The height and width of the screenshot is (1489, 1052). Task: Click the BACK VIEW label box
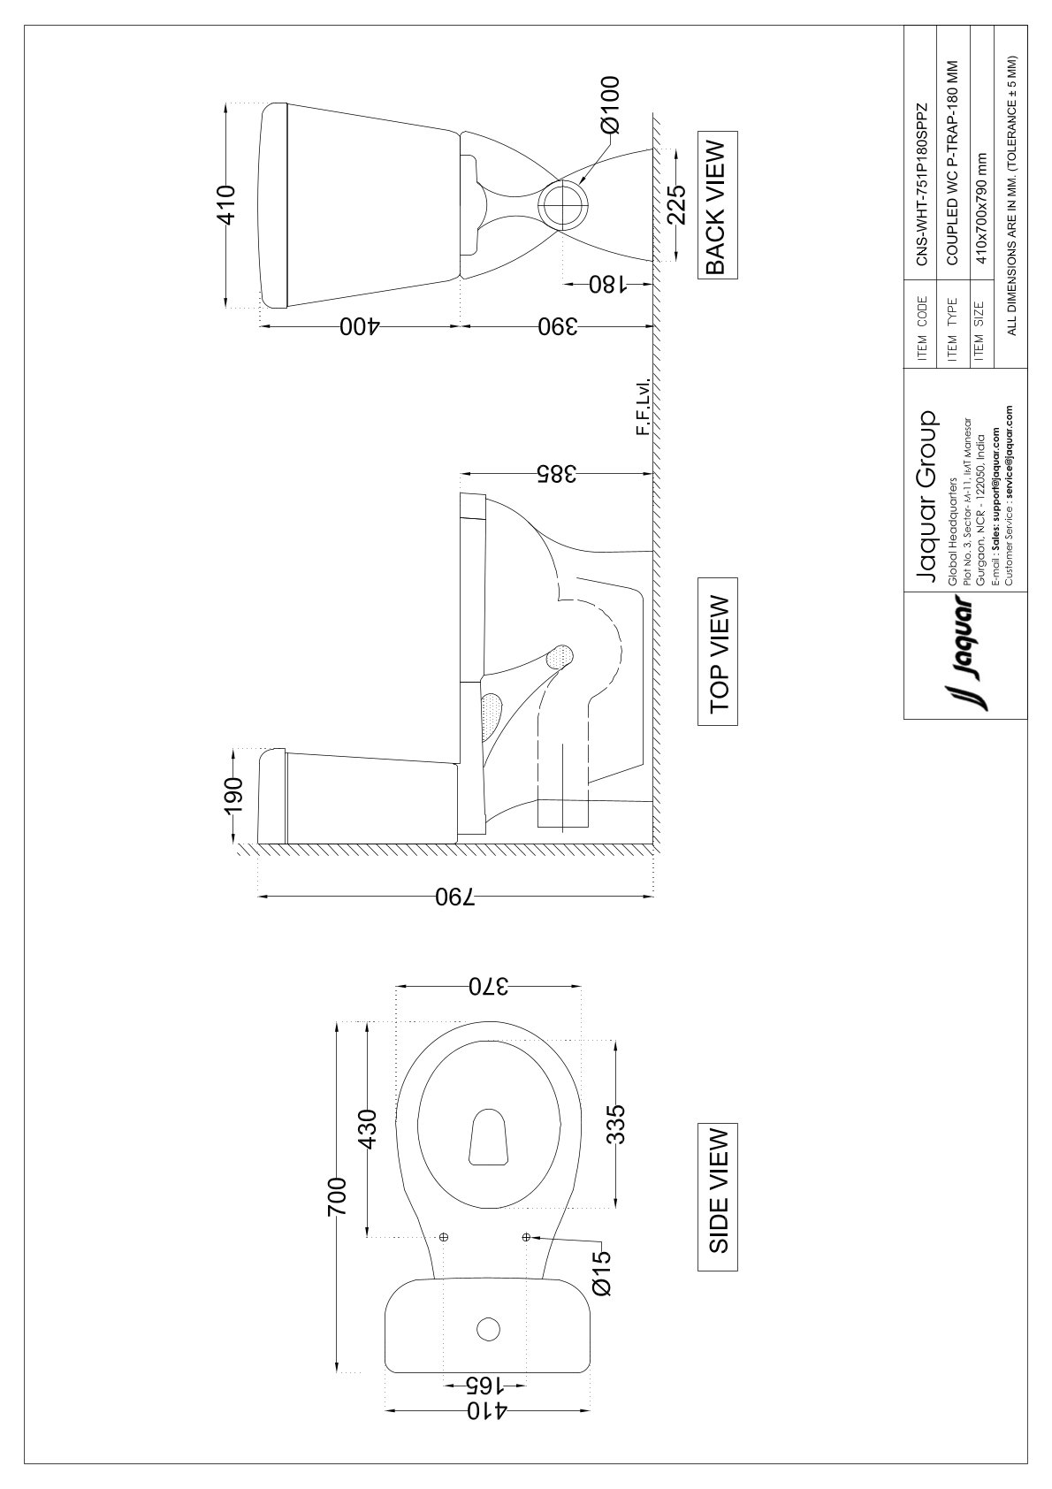[717, 204]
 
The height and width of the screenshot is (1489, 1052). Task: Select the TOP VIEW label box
[717, 651]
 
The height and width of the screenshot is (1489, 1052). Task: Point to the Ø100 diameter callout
[609, 105]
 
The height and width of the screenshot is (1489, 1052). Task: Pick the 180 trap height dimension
[607, 286]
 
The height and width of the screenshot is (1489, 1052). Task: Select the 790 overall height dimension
[456, 897]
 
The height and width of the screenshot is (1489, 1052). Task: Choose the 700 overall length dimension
[337, 1196]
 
